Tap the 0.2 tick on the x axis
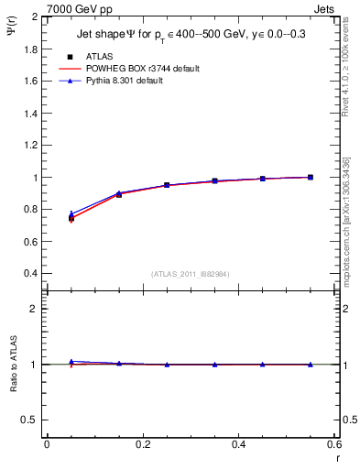click(142, 445)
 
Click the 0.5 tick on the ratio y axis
click(28, 420)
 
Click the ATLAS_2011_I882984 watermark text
click(190, 275)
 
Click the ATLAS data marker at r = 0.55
click(311, 177)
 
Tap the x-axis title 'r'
click(336, 458)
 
